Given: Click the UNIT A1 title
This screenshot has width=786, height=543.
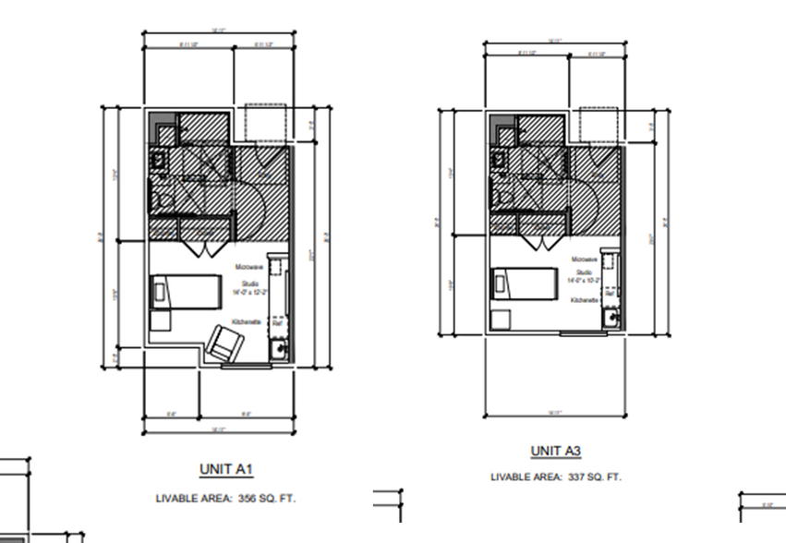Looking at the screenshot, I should (x=226, y=470).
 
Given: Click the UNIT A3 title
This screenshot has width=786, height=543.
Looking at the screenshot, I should (x=555, y=451).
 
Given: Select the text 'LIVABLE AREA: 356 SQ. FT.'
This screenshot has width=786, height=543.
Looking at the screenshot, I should (x=226, y=499).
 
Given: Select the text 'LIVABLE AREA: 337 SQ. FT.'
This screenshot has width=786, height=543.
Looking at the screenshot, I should (x=556, y=477).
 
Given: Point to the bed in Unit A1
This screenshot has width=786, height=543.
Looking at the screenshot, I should (x=185, y=293).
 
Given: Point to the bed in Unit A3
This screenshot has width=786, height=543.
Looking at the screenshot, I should (x=523, y=283).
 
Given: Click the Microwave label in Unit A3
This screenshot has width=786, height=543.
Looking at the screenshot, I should (x=583, y=260).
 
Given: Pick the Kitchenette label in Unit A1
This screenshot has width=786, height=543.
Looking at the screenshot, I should (x=247, y=320).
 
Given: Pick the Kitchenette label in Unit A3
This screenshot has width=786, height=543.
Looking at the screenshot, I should (x=583, y=301).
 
